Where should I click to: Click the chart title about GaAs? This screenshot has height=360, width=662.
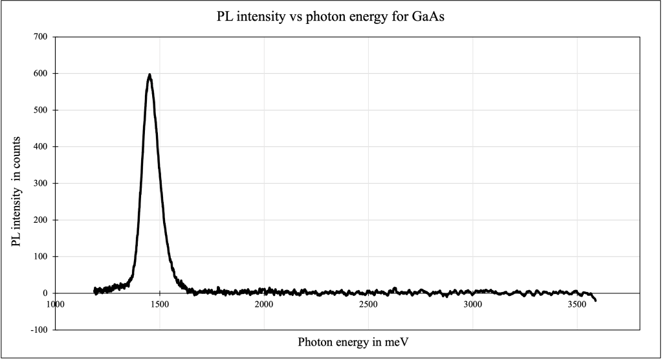pos(331,17)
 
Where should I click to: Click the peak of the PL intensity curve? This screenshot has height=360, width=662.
pos(149,74)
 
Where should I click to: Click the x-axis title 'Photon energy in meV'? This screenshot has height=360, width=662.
pos(353,341)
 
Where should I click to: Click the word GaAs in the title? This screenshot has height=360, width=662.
pos(430,17)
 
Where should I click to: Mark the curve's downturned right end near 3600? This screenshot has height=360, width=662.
pos(594,299)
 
